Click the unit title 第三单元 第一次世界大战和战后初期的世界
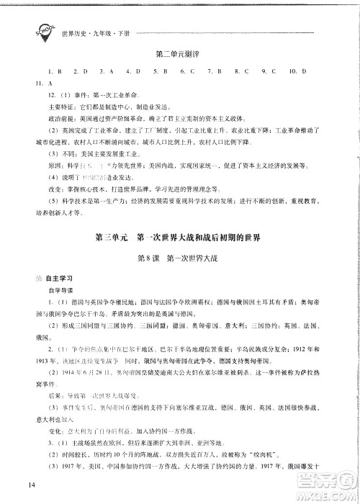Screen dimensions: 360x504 point(181,238)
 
